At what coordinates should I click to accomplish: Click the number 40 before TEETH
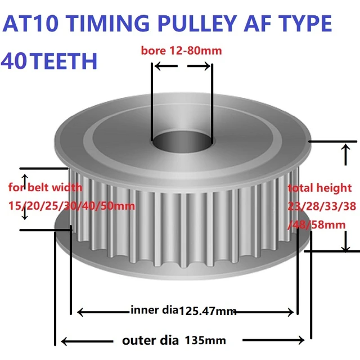coord(15,60)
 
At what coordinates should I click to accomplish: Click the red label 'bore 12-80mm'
coord(181,51)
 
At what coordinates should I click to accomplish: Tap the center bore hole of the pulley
coord(180,141)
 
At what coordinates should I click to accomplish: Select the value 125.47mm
coord(207,310)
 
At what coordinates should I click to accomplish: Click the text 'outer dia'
coord(150,340)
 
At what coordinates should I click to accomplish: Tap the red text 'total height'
coord(319,188)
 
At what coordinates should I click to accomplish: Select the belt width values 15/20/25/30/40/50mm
coord(72,206)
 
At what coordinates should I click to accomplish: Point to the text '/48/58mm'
coord(316,225)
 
